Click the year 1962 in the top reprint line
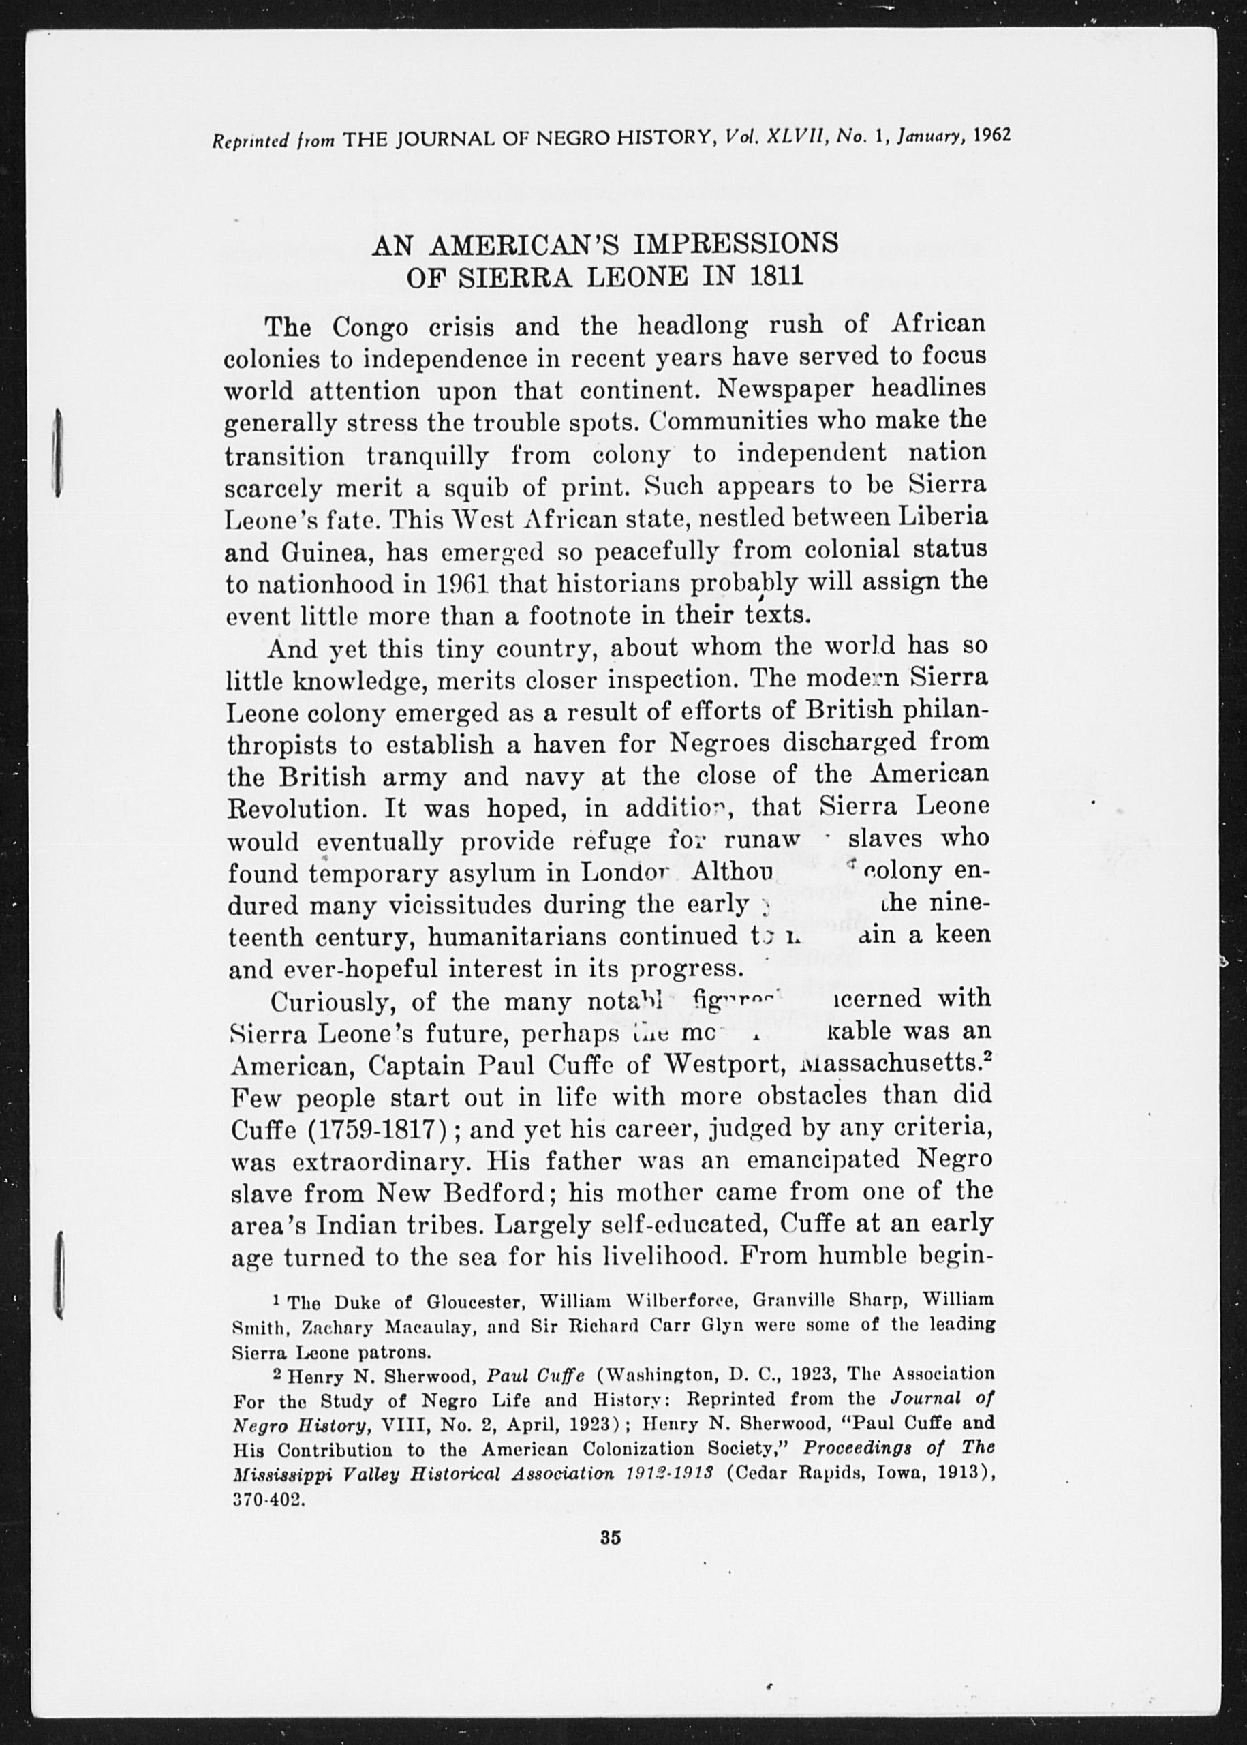(x=992, y=135)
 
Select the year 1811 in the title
(x=776, y=277)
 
